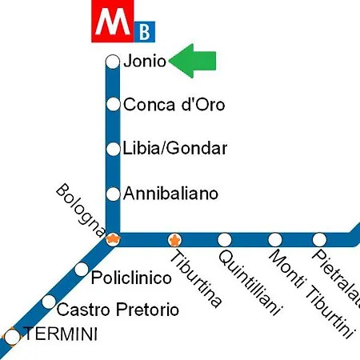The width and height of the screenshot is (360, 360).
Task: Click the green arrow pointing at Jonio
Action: coord(194,61)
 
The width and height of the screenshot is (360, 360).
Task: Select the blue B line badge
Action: coord(145,31)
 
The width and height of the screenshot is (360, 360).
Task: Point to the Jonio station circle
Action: coord(113,62)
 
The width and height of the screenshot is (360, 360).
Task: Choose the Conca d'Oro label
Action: coord(174,104)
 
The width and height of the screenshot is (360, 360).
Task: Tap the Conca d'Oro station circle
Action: coord(113,104)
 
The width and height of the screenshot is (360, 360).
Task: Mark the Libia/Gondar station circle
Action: coord(113,149)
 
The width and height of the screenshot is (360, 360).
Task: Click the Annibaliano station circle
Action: coord(113,194)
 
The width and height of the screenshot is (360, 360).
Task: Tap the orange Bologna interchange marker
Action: coord(114,238)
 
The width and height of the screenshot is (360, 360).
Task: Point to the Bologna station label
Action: coord(81,210)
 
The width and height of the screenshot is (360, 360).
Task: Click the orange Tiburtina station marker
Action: coord(174,239)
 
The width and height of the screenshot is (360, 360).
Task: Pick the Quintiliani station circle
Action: coord(225,239)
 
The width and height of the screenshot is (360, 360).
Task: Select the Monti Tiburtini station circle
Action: coord(274,239)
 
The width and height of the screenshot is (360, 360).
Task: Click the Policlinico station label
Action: coord(132,278)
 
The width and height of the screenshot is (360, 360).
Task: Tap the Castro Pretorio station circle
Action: coord(50,302)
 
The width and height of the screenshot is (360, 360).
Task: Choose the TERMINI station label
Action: coord(61,334)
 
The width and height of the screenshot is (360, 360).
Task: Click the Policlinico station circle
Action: coord(82,270)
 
